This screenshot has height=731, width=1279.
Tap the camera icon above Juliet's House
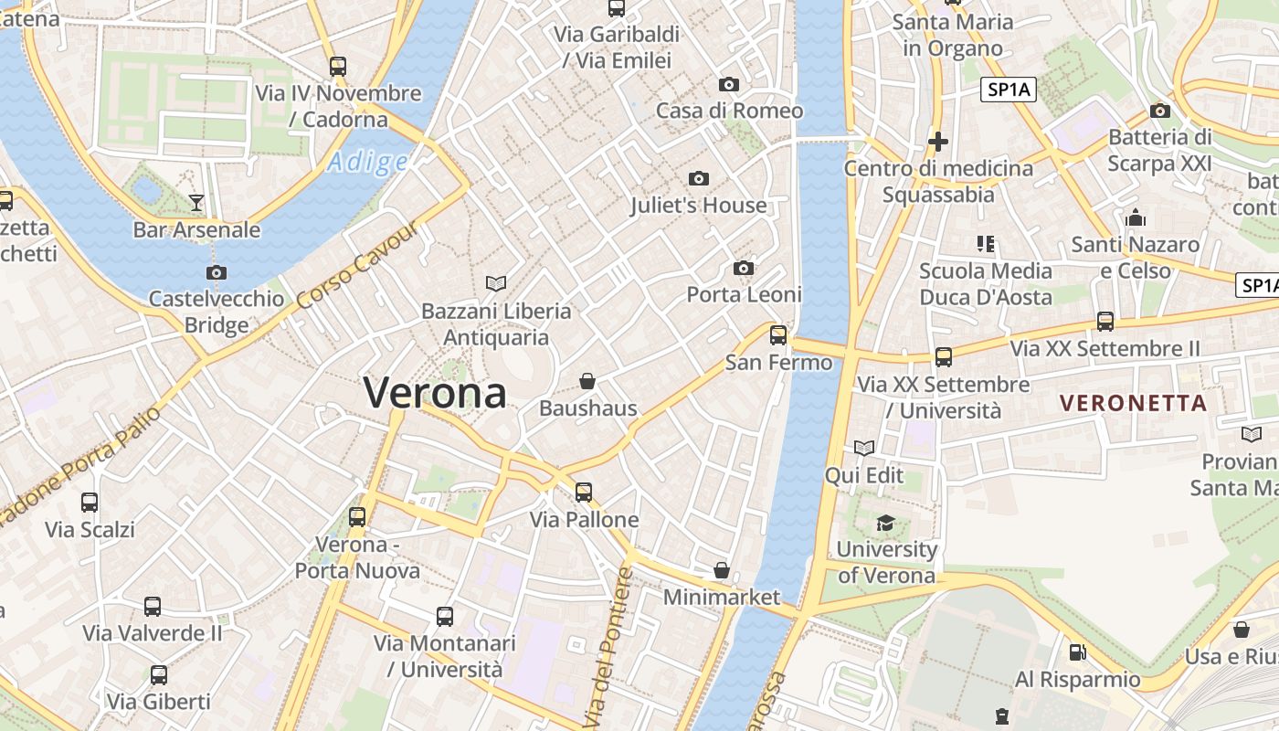[x=699, y=178]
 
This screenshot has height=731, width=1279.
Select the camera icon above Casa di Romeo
[x=728, y=85]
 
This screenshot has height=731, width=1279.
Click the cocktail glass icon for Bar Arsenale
[x=196, y=202]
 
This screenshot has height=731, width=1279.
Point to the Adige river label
[x=367, y=163]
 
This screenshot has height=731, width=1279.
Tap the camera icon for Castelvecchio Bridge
[x=217, y=272]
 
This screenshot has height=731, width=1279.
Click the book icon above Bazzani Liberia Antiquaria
[x=496, y=284]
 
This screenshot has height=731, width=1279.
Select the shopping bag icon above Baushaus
[x=587, y=381]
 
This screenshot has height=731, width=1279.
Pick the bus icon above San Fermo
[x=778, y=335]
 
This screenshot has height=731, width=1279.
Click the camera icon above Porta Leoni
[x=744, y=268]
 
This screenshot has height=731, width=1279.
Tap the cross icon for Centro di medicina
[x=937, y=142]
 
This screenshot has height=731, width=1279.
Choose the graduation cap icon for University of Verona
[x=885, y=523]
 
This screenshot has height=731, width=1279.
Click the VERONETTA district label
[x=1133, y=403]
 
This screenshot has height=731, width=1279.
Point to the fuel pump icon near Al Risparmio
[x=1078, y=652]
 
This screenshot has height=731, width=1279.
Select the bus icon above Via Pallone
[x=584, y=493]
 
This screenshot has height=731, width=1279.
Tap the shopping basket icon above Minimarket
[x=722, y=570]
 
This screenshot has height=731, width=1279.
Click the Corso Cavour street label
[x=357, y=265]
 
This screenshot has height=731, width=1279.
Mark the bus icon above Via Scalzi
[x=90, y=503]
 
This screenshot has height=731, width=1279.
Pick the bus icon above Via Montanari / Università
[x=445, y=617]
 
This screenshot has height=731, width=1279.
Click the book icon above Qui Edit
[x=864, y=448]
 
